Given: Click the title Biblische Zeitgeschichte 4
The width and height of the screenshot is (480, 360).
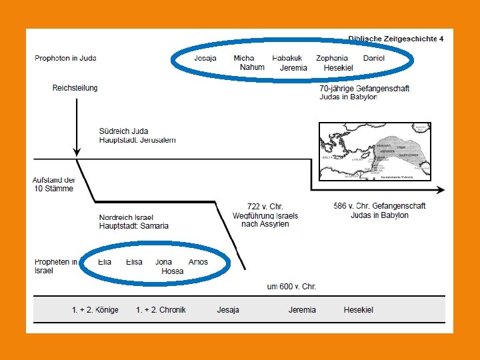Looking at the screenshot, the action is (395, 39).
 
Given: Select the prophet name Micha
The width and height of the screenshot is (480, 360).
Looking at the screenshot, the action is (243, 59).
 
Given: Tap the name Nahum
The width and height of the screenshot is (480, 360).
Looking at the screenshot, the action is (252, 67).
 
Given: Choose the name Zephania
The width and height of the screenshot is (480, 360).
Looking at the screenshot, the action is (332, 59).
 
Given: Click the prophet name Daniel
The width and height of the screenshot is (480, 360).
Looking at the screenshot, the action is (374, 59).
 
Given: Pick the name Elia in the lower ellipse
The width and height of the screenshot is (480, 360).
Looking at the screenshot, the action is (105, 262).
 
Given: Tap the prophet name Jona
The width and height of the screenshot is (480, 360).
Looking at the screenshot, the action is (164, 262).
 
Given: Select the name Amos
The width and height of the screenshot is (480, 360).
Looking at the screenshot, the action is (198, 262).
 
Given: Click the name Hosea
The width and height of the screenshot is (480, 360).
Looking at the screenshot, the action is (172, 271).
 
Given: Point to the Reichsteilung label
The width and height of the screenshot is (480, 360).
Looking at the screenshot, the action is (75, 88).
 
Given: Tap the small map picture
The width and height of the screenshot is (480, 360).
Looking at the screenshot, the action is (375, 151).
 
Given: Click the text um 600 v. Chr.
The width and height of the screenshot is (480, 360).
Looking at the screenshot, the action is (291, 287).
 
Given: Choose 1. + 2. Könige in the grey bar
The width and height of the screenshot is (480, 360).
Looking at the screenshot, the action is (95, 310).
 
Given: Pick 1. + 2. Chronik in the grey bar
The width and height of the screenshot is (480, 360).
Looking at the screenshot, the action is (161, 310).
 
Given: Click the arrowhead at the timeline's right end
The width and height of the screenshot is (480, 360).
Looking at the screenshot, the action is (441, 190).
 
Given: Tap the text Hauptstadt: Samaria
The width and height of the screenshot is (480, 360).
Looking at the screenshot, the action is (133, 226).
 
